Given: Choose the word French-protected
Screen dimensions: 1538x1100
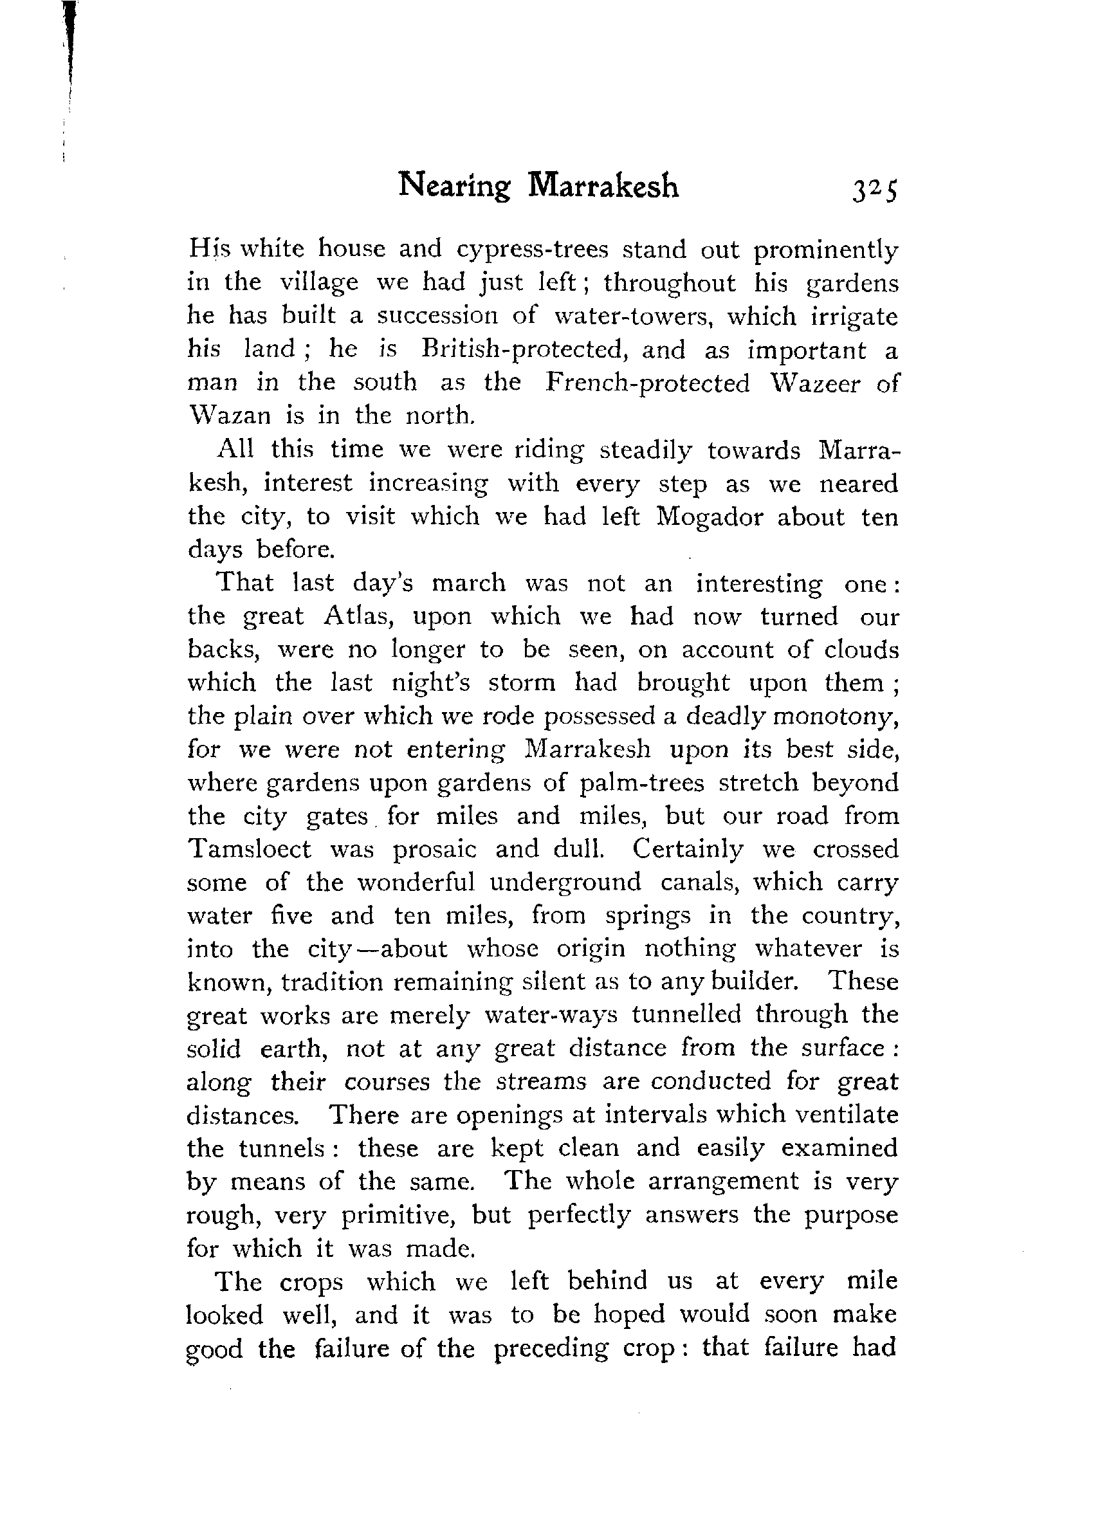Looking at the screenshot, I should (x=648, y=383).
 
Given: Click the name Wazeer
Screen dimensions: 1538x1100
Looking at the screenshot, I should (x=815, y=383).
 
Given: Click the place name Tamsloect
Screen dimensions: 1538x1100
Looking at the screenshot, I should (x=249, y=849).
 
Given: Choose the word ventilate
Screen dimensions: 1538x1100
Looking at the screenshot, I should (x=845, y=1115).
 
